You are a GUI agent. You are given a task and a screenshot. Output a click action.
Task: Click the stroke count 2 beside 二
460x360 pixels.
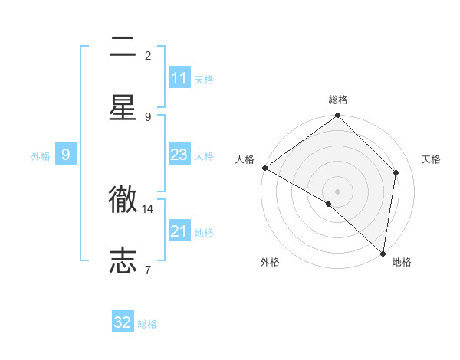tap(148, 55)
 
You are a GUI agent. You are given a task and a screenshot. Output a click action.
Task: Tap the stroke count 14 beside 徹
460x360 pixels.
tap(148, 208)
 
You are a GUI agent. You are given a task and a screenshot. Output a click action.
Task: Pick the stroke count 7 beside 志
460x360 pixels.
tap(148, 270)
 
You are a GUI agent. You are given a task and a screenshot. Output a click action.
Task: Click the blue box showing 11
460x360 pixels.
tap(179, 78)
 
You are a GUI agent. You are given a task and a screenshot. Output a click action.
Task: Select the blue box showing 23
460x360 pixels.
tap(179, 155)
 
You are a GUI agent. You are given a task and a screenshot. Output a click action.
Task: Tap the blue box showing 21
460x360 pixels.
tap(179, 231)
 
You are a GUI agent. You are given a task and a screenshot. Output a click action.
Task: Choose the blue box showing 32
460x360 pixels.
tap(123, 322)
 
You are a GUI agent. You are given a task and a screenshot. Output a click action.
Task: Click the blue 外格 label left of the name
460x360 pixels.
tap(41, 155)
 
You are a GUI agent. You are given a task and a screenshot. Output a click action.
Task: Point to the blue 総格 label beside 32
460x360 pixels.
tap(147, 324)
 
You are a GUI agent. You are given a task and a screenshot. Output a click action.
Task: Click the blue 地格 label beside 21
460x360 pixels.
tap(204, 233)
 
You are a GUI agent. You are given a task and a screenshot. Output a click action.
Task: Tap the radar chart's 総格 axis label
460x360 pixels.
tap(338, 100)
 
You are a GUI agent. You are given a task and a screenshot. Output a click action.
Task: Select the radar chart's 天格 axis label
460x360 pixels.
tap(431, 159)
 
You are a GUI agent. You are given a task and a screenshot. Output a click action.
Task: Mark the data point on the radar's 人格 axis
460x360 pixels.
tap(264, 168)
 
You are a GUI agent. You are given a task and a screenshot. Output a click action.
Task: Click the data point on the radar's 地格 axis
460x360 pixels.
tap(383, 254)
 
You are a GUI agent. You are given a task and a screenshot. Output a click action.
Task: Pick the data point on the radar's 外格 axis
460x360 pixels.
tap(329, 204)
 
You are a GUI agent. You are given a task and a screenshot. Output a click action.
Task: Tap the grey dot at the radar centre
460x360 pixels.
tap(338, 191)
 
